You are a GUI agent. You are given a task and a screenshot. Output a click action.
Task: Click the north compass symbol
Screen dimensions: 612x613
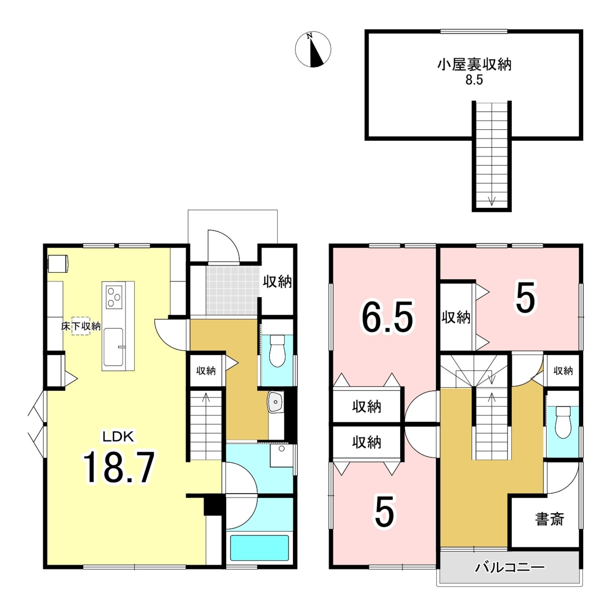(x=313, y=49)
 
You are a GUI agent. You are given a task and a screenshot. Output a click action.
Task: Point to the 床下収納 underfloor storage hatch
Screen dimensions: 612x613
(x=80, y=326)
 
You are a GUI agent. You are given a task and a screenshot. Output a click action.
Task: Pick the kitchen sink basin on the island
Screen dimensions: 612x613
(x=113, y=347)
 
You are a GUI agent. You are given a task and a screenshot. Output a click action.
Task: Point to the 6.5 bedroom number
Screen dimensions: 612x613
(x=387, y=316)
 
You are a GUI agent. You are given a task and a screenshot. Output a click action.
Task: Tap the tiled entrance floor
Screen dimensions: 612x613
(x=232, y=290)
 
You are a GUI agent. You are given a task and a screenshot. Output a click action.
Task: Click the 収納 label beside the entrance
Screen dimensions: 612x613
(x=277, y=281)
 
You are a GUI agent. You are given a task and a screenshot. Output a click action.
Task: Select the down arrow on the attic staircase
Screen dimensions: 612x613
(x=491, y=201)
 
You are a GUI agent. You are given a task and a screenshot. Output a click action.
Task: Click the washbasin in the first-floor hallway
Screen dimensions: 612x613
(x=275, y=402)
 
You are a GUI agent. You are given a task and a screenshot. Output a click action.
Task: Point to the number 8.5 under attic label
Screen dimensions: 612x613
(x=474, y=80)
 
